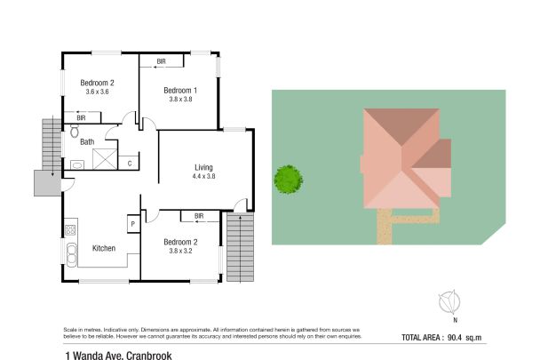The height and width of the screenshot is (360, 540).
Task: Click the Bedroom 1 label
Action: [x=180, y=90]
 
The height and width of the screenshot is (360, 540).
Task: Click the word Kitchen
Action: [x=104, y=248]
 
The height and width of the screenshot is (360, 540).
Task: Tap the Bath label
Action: [x=87, y=141]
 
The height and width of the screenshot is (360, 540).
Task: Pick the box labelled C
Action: [x=130, y=163]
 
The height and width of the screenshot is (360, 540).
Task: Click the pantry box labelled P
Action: [x=132, y=225]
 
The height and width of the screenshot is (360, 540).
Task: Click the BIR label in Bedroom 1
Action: [x=161, y=60]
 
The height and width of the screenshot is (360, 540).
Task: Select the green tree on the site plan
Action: [x=287, y=179]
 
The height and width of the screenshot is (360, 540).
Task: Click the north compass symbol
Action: [x=449, y=301]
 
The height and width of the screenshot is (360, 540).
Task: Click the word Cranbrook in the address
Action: [x=144, y=353]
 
